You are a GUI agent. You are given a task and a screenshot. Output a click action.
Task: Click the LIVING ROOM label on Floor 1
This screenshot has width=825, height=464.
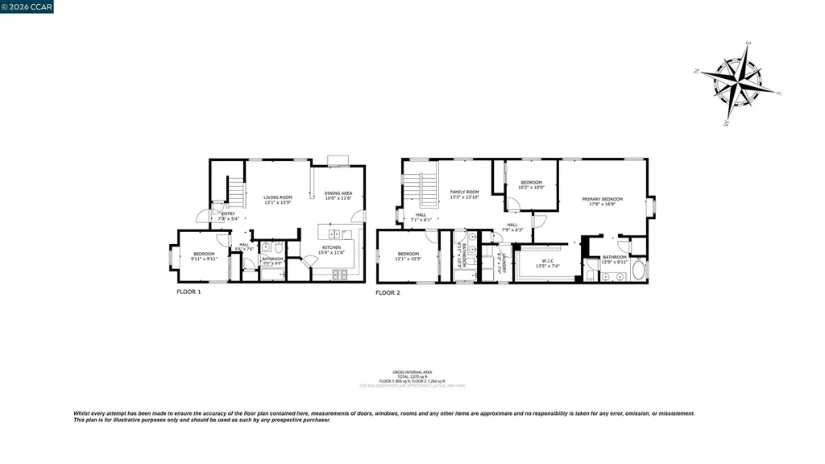(278, 197)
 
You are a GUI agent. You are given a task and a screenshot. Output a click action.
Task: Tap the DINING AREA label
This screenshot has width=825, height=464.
(338, 193)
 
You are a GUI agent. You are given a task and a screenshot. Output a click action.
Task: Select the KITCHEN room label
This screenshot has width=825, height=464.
(332, 247)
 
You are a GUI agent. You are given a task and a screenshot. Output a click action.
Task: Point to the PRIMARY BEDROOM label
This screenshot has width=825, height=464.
(603, 199)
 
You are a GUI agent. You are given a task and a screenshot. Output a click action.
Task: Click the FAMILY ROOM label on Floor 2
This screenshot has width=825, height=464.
(464, 193)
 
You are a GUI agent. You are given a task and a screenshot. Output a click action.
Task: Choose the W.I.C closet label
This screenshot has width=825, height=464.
(547, 261)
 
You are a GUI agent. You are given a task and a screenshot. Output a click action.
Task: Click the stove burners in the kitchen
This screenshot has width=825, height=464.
(340, 275)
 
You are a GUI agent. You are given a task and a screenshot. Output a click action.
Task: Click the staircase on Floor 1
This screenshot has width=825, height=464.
(234, 191)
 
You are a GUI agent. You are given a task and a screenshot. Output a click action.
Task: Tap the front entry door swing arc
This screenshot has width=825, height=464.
(202, 215)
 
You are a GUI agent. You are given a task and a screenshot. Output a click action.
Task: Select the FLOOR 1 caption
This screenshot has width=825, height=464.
(189, 292)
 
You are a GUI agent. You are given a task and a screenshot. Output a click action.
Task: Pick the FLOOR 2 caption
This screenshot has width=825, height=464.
(388, 292)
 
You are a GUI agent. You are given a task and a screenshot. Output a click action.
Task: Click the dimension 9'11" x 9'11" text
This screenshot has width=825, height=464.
(204, 259)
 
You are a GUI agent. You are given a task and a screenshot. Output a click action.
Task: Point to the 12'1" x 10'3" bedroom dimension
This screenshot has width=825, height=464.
(408, 259)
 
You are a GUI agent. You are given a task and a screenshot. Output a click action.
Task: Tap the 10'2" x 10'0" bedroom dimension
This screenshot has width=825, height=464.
(531, 188)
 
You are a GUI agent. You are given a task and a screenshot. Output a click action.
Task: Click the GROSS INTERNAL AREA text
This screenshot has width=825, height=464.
(412, 371)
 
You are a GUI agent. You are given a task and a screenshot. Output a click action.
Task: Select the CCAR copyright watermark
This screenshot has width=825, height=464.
(27, 7)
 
